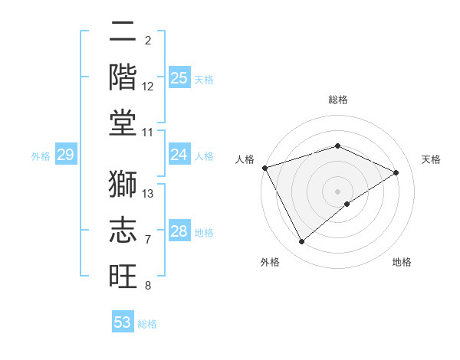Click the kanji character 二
coord(123,32)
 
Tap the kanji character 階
coord(123,77)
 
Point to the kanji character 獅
coord(123,184)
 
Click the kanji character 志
coord(123,230)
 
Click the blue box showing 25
coord(179,78)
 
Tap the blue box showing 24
coord(179,155)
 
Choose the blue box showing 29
coord(65,155)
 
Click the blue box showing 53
coord(123,322)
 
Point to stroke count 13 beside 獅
coord(148,194)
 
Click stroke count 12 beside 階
coord(148,87)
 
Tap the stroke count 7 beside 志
coord(147,240)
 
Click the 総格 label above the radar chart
coord(337,100)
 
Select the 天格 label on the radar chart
coord(431,159)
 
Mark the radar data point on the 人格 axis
coord(264,168)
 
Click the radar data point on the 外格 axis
coord(301,242)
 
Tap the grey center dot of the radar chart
coord(337,191)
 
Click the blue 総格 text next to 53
coord(147,323)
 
